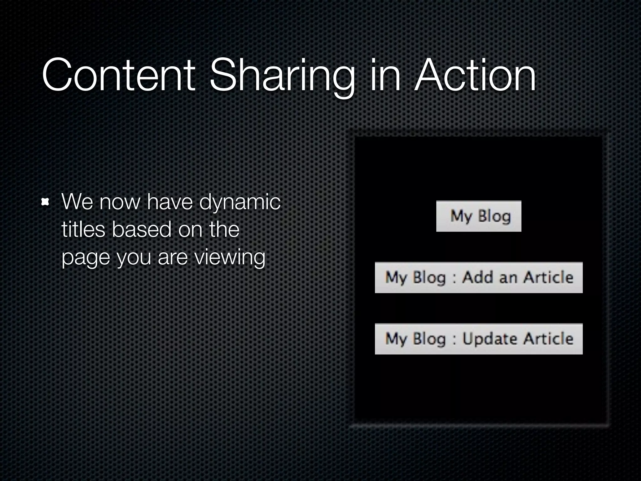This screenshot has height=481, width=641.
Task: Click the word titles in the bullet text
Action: coord(83,229)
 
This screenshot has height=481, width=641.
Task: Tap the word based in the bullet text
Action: coord(141,229)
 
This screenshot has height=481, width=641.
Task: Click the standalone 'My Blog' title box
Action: coord(479,216)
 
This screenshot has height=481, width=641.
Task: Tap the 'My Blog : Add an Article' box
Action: coord(479,277)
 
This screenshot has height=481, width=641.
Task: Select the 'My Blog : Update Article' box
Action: coord(479,339)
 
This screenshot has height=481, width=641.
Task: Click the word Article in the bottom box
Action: coord(548,339)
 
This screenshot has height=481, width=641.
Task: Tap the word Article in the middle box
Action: coord(548,277)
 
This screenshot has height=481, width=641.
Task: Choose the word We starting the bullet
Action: coord(77,202)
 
